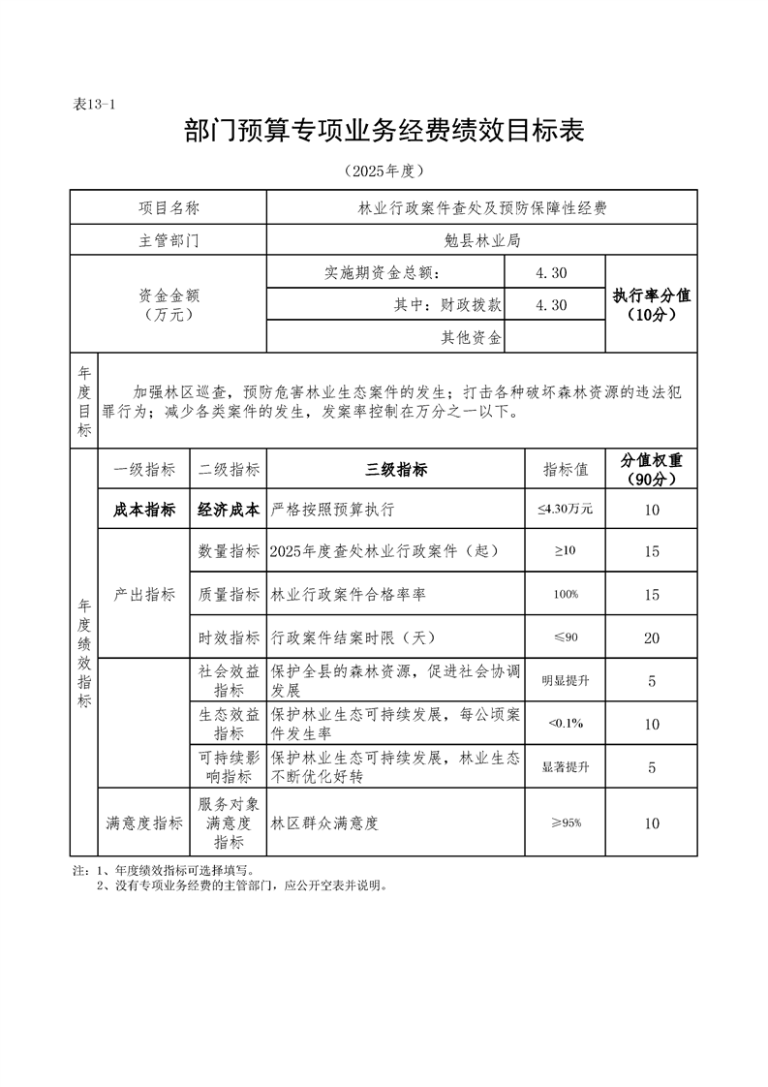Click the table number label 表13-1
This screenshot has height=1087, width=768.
coord(94,105)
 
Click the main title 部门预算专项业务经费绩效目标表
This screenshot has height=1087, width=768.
coord(384,131)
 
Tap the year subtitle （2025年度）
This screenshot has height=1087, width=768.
coord(384,171)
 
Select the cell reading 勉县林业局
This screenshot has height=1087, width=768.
coord(481,240)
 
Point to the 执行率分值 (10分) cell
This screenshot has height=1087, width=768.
coord(651,304)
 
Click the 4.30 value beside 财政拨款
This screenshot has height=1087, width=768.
coord(551,305)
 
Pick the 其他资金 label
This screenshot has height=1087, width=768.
coord(471,338)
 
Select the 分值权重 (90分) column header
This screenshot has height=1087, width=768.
coord(651,470)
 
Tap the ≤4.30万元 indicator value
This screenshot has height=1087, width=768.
coord(565,510)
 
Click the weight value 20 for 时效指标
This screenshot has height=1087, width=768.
coord(651,637)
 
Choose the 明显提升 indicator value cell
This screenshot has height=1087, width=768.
coord(565,681)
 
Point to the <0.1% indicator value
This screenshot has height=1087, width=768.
coord(565,724)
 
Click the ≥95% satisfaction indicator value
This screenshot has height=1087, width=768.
coord(565,823)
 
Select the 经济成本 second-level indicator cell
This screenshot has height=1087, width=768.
coord(229,510)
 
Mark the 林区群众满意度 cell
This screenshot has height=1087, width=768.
coord(323,823)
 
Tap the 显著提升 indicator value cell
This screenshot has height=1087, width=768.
coord(565,767)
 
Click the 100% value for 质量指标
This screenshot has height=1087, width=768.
coord(565,594)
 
